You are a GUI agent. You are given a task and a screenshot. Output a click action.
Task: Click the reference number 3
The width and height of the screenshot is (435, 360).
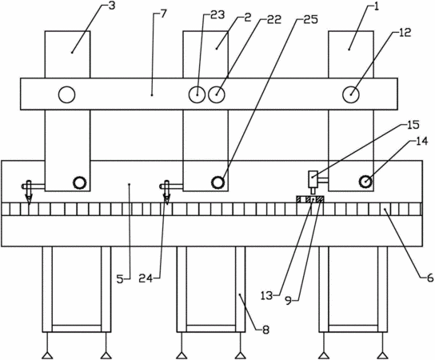click(111, 6)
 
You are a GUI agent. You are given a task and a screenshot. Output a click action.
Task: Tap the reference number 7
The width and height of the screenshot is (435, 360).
click(163, 14)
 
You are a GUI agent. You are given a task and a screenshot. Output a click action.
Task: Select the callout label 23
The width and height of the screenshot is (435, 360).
click(217, 15)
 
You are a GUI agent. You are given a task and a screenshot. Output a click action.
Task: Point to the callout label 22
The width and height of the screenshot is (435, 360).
click(273, 19)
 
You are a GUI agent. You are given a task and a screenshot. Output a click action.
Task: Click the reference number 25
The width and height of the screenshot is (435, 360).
click(310, 19)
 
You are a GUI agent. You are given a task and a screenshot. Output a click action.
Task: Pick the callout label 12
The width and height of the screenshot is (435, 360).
click(405, 33)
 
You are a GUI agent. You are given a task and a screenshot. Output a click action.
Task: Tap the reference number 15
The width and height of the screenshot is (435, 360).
click(413, 125)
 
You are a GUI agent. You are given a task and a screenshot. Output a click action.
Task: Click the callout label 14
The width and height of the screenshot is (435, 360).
click(421, 142)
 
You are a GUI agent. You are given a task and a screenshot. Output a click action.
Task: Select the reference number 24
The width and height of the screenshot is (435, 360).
click(146, 278)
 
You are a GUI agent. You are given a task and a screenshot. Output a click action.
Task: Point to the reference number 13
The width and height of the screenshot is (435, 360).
click(266, 296)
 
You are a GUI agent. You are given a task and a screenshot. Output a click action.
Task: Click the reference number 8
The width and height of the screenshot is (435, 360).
click(265, 330)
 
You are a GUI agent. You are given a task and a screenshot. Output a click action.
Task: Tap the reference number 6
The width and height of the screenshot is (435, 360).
click(430, 278)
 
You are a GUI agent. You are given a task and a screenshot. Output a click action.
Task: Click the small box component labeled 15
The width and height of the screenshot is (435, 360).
click(313, 179)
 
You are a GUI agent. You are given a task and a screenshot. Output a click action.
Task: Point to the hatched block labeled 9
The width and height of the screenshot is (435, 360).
click(310, 199)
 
